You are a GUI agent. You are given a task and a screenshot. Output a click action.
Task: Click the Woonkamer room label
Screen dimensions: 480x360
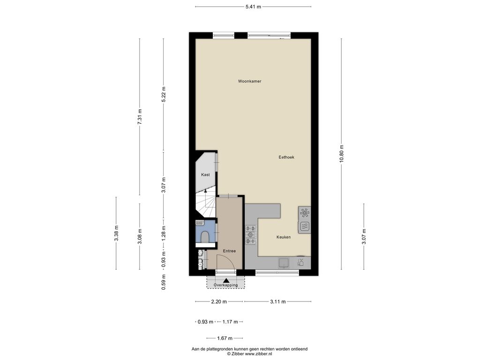pyautogui.click(x=249, y=81)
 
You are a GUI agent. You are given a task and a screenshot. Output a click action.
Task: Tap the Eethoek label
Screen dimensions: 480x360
pyautogui.click(x=286, y=157)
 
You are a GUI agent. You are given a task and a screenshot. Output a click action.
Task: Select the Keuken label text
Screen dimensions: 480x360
pyautogui.click(x=284, y=237)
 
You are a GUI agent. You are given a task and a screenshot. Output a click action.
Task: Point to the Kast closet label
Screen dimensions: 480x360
pyautogui.click(x=205, y=174)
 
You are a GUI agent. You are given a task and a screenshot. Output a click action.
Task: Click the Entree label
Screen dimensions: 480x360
pyautogui.click(x=229, y=251)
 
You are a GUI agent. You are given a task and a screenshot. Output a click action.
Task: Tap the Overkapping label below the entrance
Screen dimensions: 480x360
pyautogui.click(x=225, y=285)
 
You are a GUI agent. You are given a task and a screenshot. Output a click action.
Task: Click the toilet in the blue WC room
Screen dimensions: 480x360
pyautogui.click(x=205, y=237)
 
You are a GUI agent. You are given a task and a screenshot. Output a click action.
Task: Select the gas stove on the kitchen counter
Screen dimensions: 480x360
pyautogui.click(x=251, y=235)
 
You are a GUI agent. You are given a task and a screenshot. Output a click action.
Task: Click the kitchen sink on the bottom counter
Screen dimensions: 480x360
pyautogui.click(x=284, y=262)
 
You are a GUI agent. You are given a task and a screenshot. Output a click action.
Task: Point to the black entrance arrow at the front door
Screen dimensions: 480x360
pyautogui.click(x=226, y=280)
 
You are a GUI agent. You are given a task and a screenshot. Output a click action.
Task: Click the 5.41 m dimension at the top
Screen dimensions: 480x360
pyautogui.click(x=253, y=7)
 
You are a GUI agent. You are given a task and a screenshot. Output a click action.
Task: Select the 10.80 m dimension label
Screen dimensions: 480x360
pyautogui.click(x=341, y=154)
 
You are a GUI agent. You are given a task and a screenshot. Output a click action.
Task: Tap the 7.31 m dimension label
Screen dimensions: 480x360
pyautogui.click(x=140, y=116)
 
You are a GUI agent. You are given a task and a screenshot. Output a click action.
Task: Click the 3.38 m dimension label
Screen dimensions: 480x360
pyautogui.click(x=116, y=233)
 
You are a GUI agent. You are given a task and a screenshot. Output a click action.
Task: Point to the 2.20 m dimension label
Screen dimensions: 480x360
pyautogui.click(x=219, y=301)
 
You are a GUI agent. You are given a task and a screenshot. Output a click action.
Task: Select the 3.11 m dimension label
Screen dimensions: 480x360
pyautogui.click(x=277, y=301)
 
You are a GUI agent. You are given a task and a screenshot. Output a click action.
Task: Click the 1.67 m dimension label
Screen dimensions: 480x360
pyautogui.click(x=225, y=338)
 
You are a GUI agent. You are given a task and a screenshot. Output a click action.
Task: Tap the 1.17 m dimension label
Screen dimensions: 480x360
pyautogui.click(x=230, y=322)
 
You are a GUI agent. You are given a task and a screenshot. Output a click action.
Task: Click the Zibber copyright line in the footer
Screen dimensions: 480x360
pyautogui.click(x=249, y=353)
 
